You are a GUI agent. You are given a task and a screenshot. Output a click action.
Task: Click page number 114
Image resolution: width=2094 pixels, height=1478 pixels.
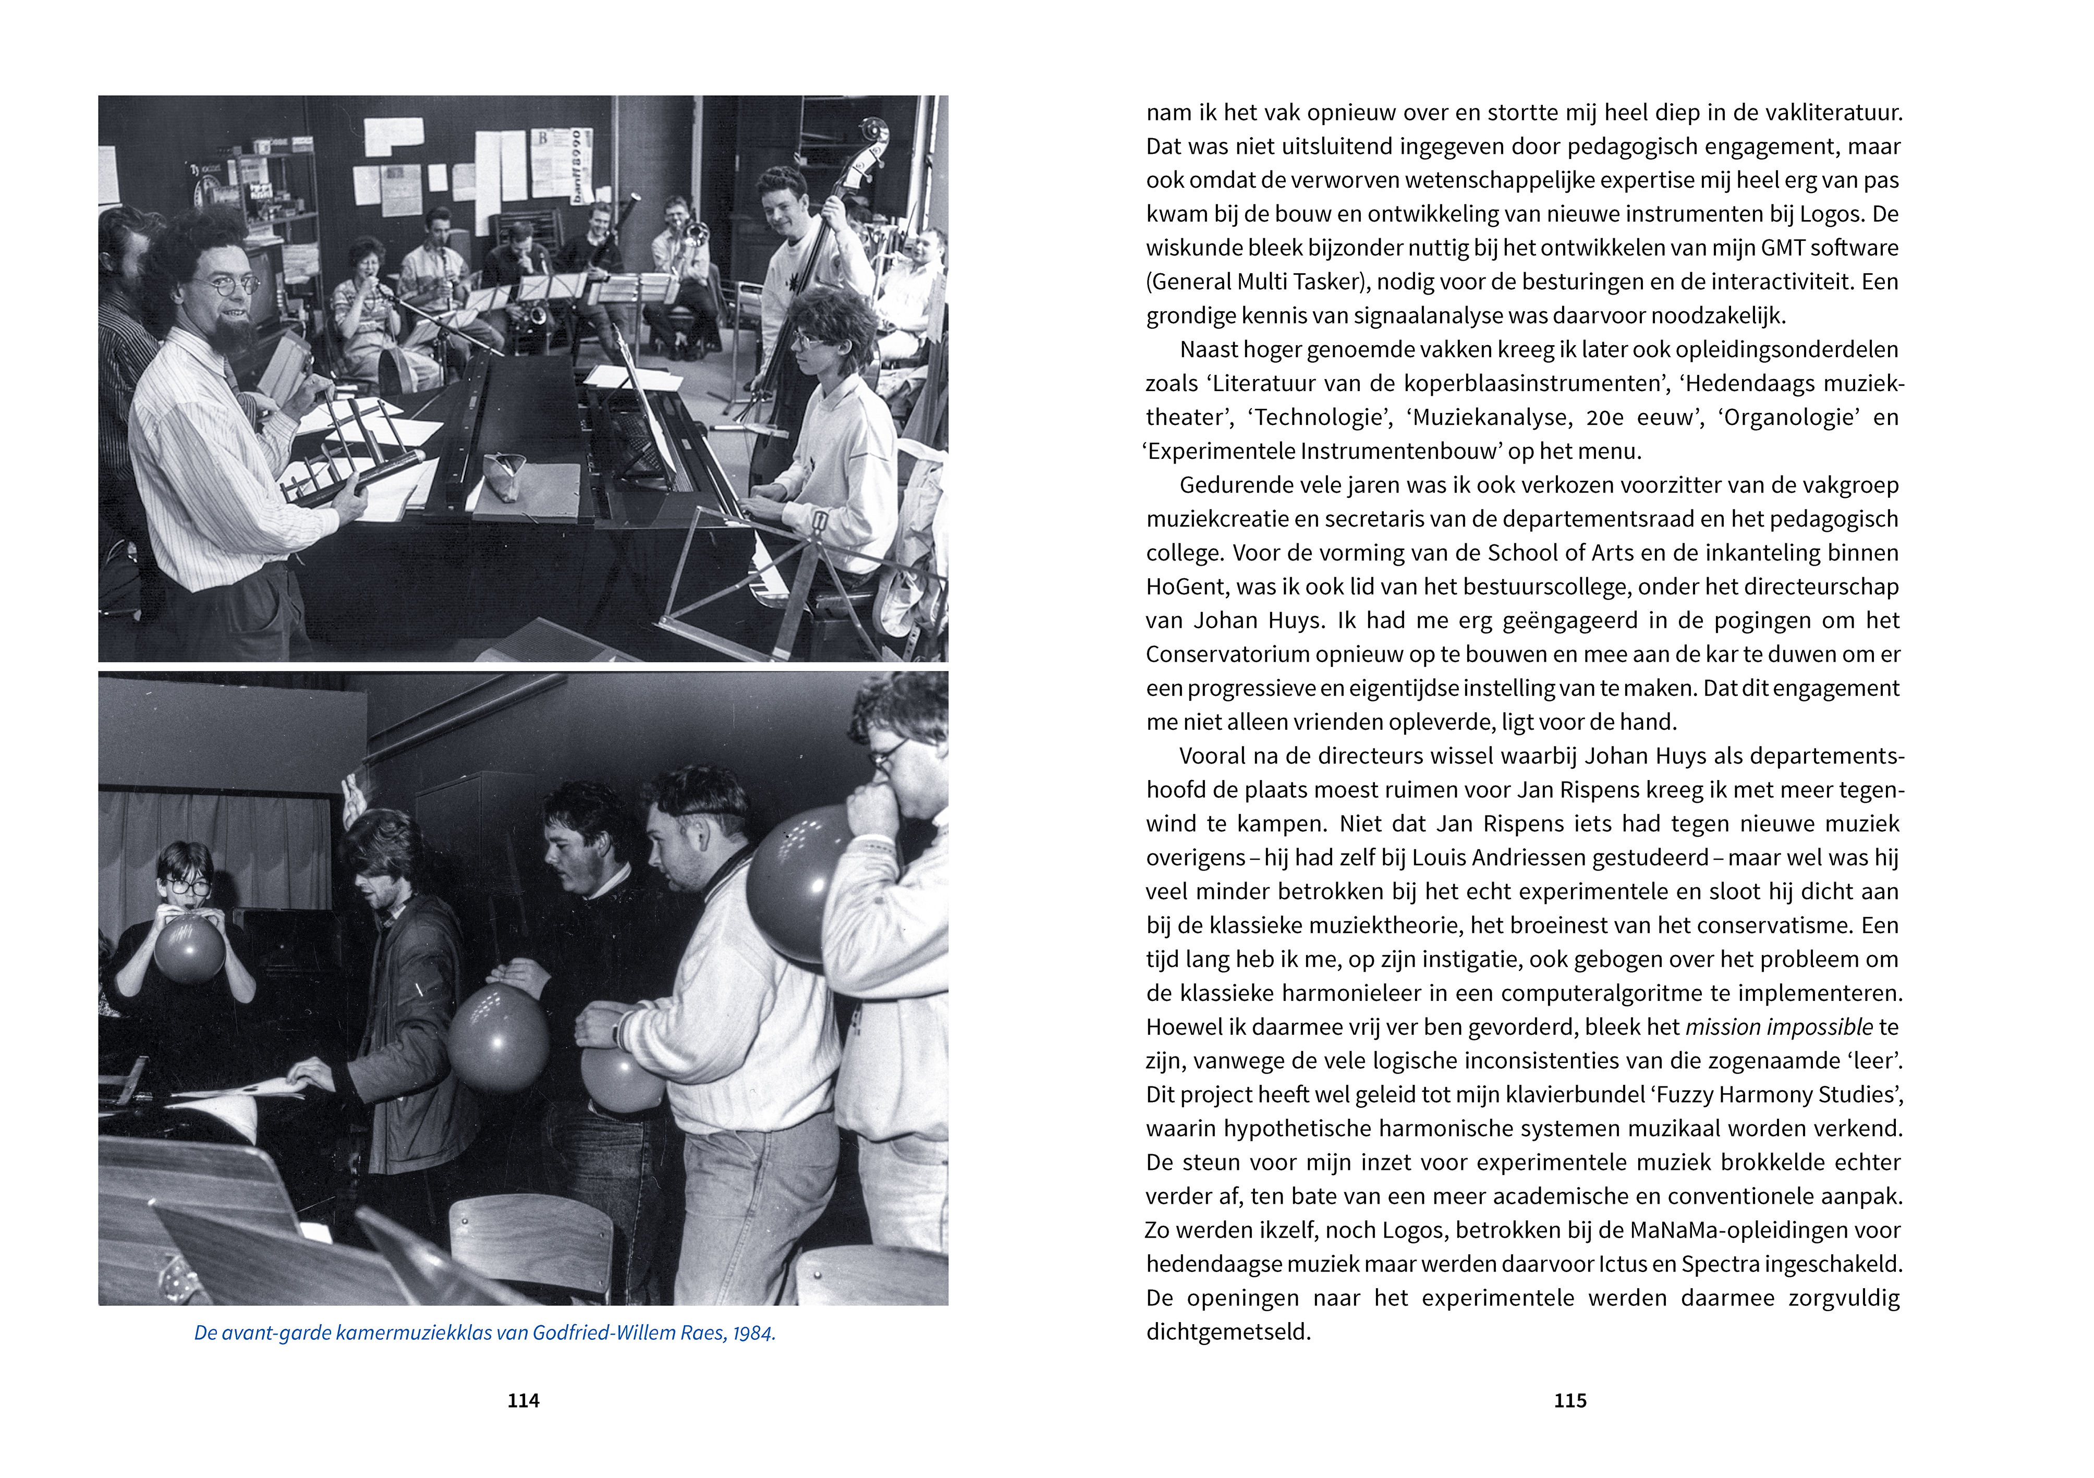(523, 1400)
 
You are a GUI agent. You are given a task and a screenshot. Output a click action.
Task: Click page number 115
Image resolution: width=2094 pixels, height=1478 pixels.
(1569, 1400)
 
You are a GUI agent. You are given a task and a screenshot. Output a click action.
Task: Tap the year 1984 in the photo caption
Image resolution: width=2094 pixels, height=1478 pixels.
(752, 1333)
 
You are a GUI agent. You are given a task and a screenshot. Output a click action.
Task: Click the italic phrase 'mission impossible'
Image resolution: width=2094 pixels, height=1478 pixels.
(1779, 1027)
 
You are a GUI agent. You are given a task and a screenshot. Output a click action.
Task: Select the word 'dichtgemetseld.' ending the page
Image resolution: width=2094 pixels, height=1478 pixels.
(1227, 1332)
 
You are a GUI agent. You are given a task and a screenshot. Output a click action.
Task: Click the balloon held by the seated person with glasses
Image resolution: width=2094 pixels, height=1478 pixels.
(189, 948)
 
